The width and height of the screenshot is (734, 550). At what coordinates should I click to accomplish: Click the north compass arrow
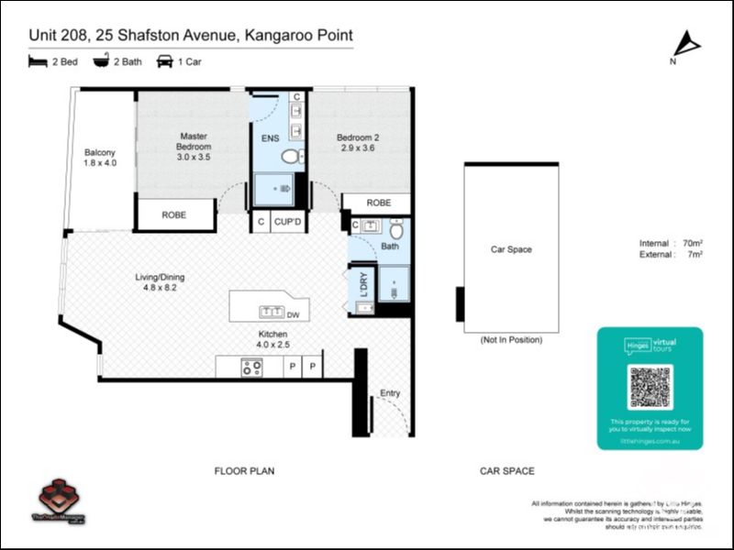point(685,44)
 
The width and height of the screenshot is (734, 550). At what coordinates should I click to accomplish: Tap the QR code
point(650,387)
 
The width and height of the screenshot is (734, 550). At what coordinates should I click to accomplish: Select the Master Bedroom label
point(194,147)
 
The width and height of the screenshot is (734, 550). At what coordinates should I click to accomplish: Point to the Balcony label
point(100,157)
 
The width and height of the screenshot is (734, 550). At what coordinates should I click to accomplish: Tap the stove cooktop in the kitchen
point(250,367)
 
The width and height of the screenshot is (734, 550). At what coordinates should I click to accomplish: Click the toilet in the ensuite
point(291,157)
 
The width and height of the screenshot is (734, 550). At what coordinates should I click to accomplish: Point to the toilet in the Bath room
point(395,229)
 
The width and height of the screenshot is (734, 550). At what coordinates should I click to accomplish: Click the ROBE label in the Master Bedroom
point(173,215)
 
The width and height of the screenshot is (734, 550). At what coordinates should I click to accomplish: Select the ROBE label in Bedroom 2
point(378,203)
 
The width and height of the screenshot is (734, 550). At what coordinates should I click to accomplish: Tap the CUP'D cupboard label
point(287,222)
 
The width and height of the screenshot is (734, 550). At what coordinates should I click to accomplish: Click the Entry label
point(390,394)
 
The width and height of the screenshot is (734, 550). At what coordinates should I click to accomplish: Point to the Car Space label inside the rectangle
point(511,249)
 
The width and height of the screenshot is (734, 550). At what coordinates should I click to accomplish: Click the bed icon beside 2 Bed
point(38,61)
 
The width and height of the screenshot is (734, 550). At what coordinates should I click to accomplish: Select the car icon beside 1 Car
point(165,61)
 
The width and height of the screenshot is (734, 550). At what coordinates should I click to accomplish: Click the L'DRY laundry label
point(363,284)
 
